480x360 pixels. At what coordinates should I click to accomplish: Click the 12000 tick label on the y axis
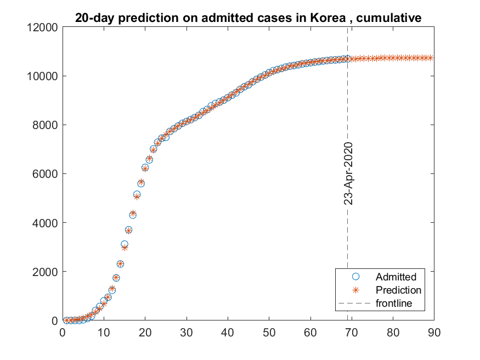pos(43,27)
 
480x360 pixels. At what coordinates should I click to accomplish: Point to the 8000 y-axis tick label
pos(45,125)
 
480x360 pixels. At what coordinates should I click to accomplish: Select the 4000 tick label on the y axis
pos(45,223)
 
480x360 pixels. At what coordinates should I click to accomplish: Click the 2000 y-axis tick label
pos(45,272)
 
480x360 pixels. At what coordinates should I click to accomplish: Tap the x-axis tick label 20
pos(145,331)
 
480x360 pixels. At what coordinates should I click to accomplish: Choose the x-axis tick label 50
pos(269,331)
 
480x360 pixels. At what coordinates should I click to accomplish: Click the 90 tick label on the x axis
pos(434,331)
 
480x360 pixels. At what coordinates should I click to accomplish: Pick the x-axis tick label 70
pos(352,331)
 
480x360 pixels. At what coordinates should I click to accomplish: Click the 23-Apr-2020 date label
pos(348,173)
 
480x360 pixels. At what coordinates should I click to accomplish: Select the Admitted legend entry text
pos(396,277)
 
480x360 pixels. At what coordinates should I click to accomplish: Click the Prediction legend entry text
pos(398,290)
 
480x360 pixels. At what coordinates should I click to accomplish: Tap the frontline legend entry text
pos(393,303)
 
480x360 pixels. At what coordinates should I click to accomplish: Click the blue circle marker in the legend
pos(355,277)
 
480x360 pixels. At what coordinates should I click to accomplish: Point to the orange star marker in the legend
pos(355,290)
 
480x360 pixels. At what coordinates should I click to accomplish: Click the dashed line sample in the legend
pos(355,303)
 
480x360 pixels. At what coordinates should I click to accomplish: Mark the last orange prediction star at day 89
pos(430,58)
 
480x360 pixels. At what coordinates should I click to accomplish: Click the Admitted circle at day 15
pos(125,244)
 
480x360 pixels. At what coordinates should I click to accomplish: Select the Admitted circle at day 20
pos(145,167)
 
